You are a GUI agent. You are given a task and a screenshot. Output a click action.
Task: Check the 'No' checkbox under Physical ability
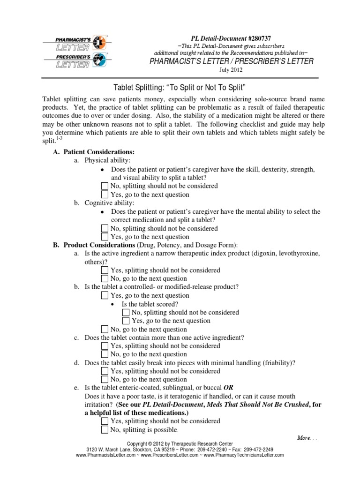[x=105, y=186]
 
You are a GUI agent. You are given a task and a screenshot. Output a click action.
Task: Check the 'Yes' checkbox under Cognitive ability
[x=105, y=237]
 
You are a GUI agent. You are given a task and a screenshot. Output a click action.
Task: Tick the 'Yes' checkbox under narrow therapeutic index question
[x=105, y=270]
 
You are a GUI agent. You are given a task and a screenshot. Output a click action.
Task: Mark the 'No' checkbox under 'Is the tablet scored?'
[x=126, y=313]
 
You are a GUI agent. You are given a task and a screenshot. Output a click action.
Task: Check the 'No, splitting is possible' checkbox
[x=105, y=430]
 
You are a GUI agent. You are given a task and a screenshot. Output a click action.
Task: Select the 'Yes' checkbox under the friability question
[x=105, y=371]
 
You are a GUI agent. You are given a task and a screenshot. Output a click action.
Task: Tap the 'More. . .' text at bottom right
[x=307, y=437]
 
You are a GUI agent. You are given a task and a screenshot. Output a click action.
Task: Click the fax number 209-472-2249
[x=257, y=449]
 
